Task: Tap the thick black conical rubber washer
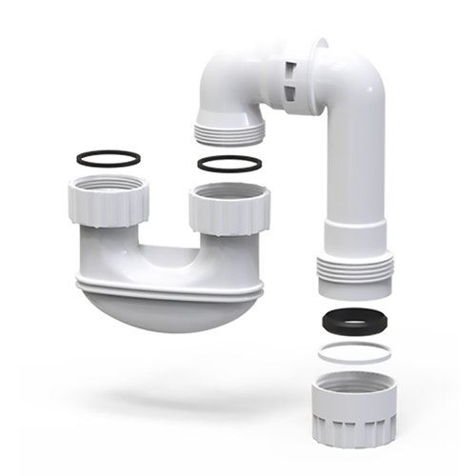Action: (x=352, y=321)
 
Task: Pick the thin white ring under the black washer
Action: (x=353, y=353)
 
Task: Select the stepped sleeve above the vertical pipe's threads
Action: (x=354, y=237)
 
